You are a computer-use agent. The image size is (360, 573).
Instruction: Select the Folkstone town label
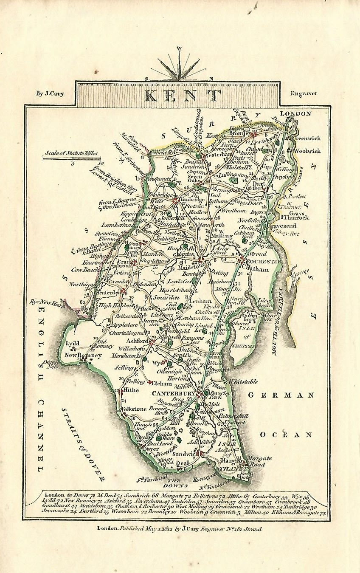click(x=133, y=409)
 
